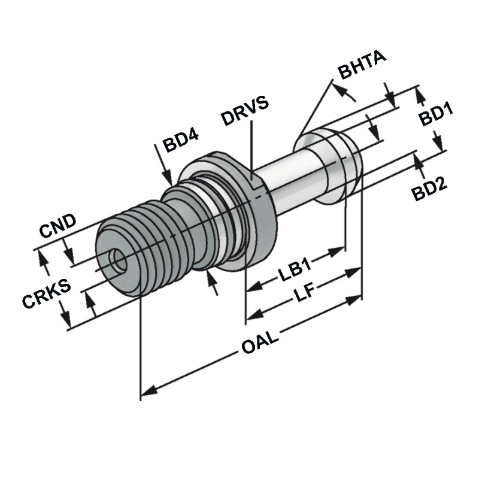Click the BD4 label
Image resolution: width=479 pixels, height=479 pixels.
pos(180,144)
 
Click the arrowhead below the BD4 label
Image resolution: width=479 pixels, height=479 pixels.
pos(169,178)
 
